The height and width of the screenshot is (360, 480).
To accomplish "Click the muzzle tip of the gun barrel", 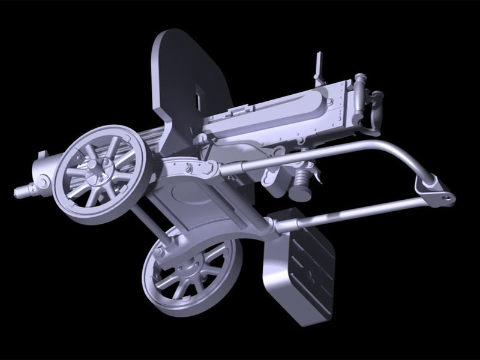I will click(17, 191).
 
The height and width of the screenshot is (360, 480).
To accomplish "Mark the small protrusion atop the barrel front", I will click(41, 155).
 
